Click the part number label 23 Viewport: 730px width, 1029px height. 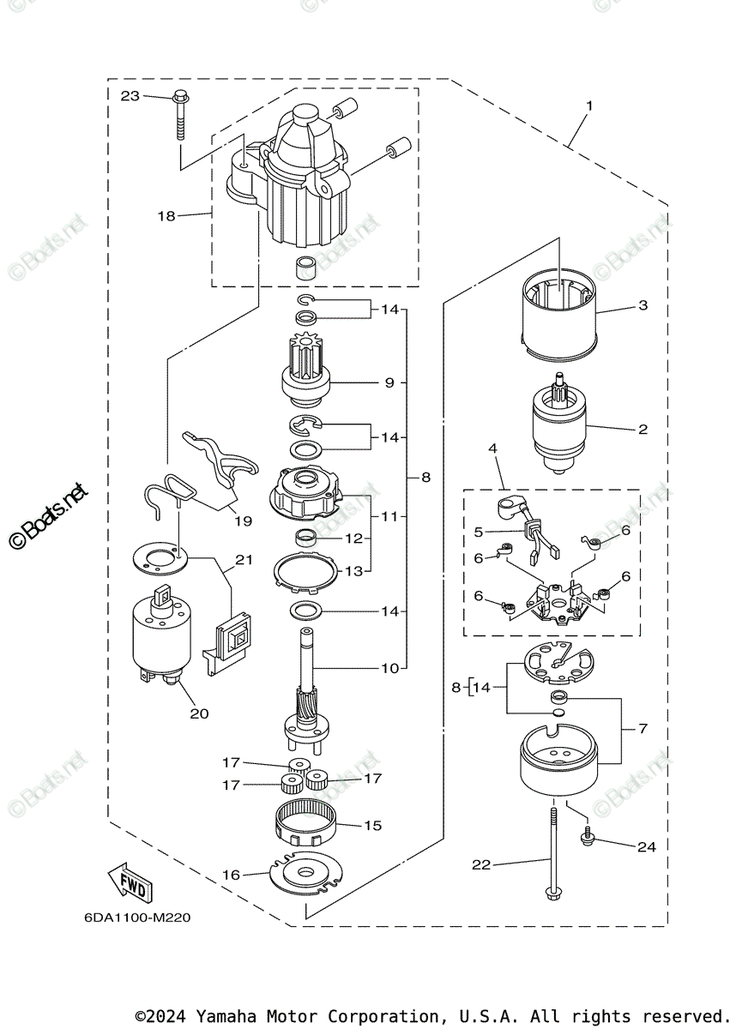point(130,96)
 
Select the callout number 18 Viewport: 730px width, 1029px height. point(166,216)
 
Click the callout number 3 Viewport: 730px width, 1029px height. point(643,305)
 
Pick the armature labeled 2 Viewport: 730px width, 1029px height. point(558,427)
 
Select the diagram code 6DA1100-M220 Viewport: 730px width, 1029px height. point(137,918)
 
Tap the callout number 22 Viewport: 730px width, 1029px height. point(481,864)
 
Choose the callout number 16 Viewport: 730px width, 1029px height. point(232,875)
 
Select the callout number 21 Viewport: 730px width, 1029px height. point(244,560)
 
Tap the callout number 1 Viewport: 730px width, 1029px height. point(589,105)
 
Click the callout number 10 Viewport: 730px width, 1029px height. point(389,668)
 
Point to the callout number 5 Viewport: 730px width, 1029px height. point(480,532)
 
